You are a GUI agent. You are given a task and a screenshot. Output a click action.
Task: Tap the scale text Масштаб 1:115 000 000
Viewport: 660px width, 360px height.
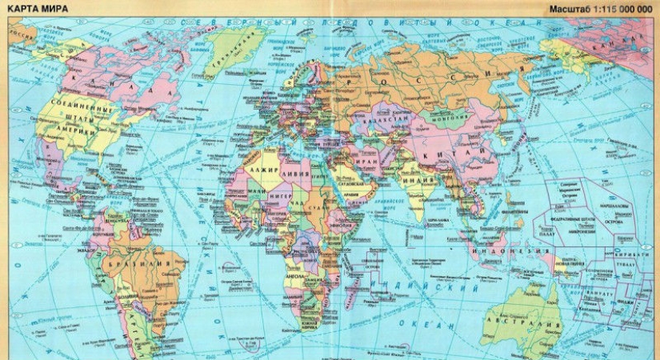[x=600, y=9]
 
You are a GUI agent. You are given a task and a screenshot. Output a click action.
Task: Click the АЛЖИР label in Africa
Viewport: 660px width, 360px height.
[x=264, y=170]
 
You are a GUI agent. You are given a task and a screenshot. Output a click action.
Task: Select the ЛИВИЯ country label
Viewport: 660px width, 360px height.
[x=298, y=171]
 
